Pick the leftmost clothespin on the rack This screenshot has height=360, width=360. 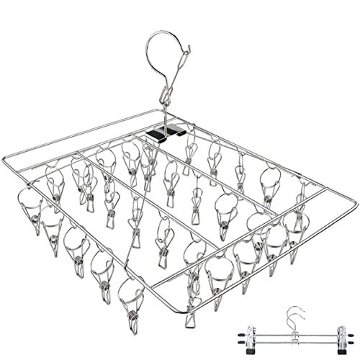[x=30, y=212]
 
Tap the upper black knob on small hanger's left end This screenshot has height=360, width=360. [x=242, y=329]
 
